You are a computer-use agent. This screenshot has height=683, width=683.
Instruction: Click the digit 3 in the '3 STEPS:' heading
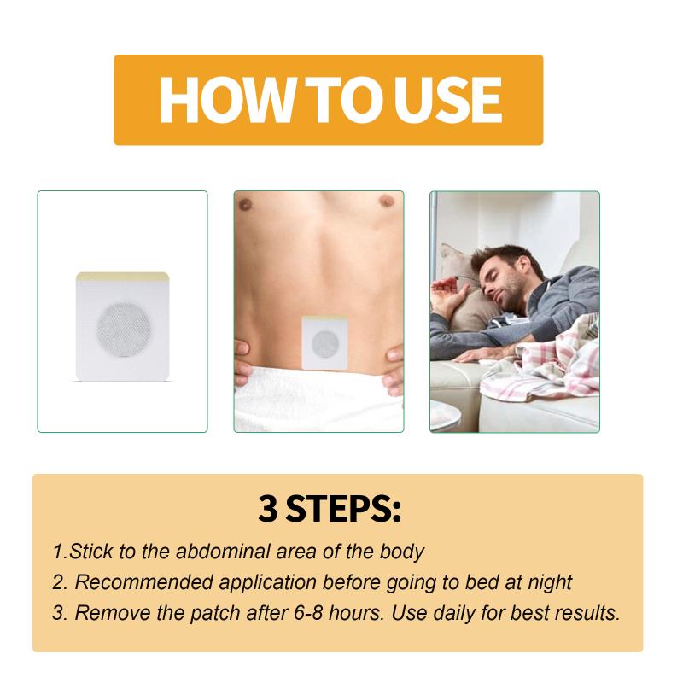(x=267, y=508)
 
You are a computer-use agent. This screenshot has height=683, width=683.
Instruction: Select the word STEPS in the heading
(x=339, y=508)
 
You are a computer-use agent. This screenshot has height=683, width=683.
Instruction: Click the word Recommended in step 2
(x=146, y=582)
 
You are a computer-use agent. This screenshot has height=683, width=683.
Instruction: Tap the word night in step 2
(x=550, y=583)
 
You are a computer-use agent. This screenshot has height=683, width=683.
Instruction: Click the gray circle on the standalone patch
(x=125, y=330)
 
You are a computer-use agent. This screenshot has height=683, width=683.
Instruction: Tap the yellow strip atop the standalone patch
(x=122, y=276)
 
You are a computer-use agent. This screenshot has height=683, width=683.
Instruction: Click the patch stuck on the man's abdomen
(x=325, y=342)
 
